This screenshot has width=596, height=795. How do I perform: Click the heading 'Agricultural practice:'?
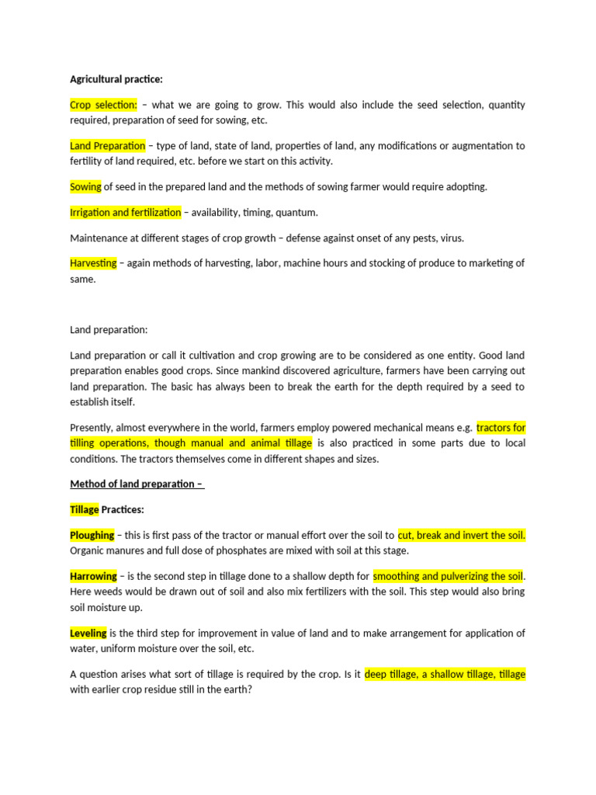coord(116,79)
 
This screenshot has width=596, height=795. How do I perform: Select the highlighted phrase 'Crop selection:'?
coord(103,105)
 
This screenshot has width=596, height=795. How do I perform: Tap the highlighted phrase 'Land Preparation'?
coord(107,145)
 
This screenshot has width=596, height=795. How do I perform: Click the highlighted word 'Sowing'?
coord(86,186)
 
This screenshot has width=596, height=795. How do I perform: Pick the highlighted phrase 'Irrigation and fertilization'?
coord(125,212)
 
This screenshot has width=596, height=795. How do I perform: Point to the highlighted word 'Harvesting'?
coord(93,263)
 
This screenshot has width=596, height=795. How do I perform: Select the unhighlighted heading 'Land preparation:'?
coord(109,330)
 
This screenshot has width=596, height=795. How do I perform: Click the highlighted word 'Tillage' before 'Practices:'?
coord(85,509)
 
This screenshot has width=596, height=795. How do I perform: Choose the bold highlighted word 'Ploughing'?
coord(92,535)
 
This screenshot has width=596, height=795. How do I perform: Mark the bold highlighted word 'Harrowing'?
coord(93,576)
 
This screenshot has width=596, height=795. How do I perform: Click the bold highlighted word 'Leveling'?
coord(88,634)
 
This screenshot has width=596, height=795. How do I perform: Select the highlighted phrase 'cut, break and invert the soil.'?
coord(461,535)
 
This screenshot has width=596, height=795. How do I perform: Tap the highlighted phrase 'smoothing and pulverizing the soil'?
coord(448,576)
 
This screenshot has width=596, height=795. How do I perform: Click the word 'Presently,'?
coord(95,427)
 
